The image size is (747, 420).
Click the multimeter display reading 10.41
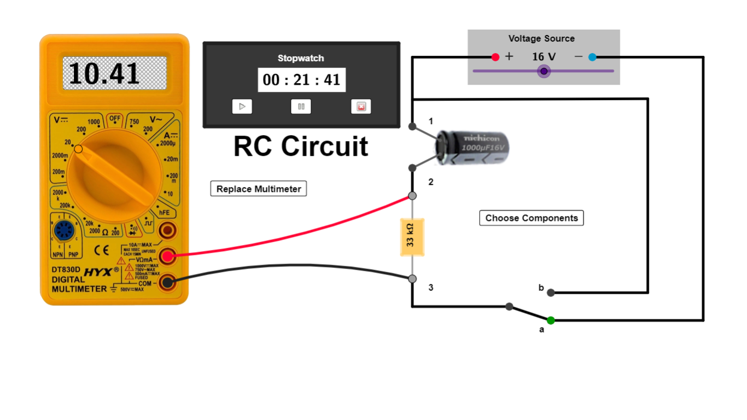coord(114,73)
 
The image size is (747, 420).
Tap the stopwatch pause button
coord(301,107)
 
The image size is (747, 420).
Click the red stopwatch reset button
coord(361,107)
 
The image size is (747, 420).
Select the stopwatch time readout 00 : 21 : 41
coord(301,80)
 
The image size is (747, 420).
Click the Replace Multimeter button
coord(259,189)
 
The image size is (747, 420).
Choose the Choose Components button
coord(532,218)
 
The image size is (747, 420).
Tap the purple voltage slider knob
coord(544,71)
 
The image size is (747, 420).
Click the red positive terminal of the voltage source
coord(495,57)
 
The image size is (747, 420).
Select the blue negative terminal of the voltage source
coord(592,57)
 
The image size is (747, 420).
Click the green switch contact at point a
coord(551,320)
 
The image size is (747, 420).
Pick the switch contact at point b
coord(551,293)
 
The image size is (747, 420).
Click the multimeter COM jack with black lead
coord(167,283)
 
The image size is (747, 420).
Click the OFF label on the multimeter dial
coord(115,118)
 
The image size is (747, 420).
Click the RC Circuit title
coord(301,147)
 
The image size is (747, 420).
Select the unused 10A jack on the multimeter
coord(167,231)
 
